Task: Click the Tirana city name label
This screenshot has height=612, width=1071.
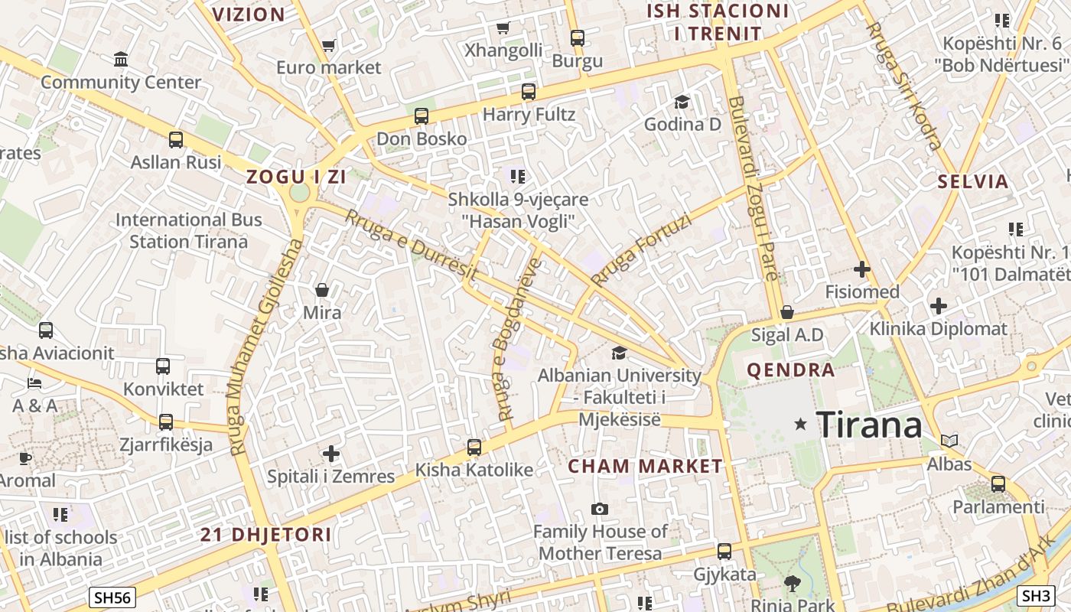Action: (x=869, y=425)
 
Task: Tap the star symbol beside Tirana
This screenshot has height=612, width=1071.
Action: (x=800, y=423)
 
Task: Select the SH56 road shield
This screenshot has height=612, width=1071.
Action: (x=112, y=597)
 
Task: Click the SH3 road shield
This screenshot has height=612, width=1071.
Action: (x=1036, y=595)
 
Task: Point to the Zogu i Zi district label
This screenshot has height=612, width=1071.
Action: (x=296, y=177)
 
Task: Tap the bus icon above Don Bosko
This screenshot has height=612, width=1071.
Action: (x=421, y=116)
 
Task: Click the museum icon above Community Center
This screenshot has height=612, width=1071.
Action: (x=120, y=60)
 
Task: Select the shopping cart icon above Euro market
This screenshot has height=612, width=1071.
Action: (x=328, y=45)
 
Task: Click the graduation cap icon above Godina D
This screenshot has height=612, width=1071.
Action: (x=682, y=102)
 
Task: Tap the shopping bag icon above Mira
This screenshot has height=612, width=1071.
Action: (x=322, y=290)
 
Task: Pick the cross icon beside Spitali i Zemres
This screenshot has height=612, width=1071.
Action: (x=330, y=454)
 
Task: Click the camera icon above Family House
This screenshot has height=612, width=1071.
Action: (x=600, y=509)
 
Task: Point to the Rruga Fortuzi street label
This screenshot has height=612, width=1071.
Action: (x=640, y=250)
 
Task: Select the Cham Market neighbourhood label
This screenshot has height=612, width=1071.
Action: (x=645, y=466)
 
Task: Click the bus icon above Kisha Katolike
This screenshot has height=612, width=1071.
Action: (x=474, y=448)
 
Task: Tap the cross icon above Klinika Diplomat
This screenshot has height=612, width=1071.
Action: (x=938, y=306)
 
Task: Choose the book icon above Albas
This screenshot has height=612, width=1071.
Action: (x=949, y=441)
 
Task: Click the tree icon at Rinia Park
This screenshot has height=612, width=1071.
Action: (x=793, y=583)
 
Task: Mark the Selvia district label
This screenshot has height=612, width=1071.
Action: (x=973, y=182)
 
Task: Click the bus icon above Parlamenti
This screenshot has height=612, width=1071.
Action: (x=998, y=483)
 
